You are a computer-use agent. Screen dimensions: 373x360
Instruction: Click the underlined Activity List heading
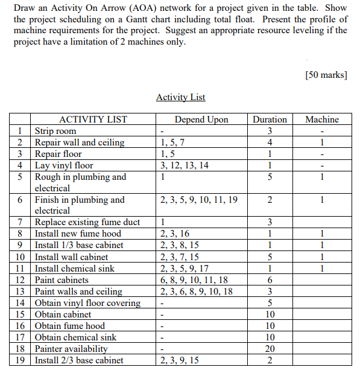tap(180, 97)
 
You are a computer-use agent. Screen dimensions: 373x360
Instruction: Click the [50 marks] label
tap(326, 75)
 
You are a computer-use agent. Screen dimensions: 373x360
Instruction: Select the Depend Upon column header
tap(201, 120)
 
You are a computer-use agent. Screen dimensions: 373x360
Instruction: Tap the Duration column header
tap(270, 120)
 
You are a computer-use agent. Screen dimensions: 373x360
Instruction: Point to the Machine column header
tap(322, 120)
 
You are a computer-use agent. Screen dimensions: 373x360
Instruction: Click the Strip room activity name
tap(55, 131)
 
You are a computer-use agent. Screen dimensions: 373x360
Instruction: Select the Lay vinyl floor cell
tap(64, 165)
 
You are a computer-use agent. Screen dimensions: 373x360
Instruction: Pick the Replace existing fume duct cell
tap(87, 222)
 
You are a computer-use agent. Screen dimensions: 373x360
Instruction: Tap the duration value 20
tap(270, 349)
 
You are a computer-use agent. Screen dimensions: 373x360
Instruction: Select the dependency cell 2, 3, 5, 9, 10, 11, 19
tap(199, 200)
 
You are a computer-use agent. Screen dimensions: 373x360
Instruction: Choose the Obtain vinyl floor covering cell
tap(87, 303)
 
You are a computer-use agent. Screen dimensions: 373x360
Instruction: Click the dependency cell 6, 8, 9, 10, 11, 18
tap(194, 280)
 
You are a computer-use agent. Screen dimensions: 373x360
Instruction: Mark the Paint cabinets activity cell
tap(62, 280)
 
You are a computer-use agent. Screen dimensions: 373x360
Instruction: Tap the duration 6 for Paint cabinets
tap(270, 280)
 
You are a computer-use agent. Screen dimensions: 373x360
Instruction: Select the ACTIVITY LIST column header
tap(93, 120)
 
